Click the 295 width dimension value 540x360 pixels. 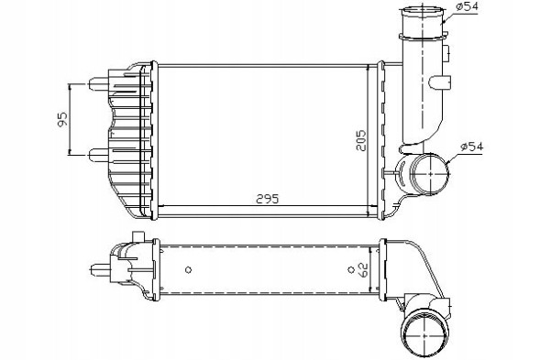click(x=267, y=199)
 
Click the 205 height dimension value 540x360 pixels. click(x=361, y=141)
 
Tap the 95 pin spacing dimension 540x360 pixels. click(x=62, y=119)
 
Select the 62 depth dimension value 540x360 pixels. click(x=363, y=270)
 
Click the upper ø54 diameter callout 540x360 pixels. click(x=467, y=6)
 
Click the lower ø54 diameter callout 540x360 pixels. click(x=472, y=147)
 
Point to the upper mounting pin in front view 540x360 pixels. click(x=99, y=83)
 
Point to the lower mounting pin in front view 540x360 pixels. click(x=99, y=155)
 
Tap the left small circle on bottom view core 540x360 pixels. click(x=188, y=270)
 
